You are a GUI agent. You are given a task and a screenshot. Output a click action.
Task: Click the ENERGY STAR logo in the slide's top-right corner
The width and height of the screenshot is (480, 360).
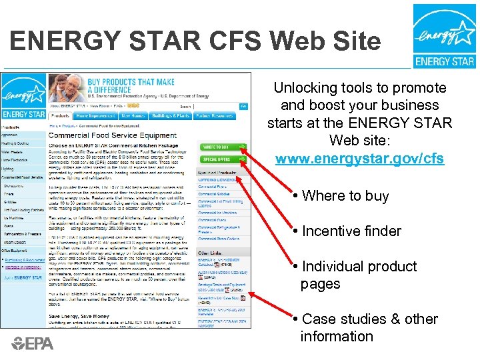(444, 35)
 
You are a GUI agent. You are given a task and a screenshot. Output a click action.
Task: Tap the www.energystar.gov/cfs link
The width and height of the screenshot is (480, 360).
(359, 160)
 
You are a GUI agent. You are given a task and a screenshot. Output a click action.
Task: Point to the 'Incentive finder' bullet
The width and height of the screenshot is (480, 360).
(351, 231)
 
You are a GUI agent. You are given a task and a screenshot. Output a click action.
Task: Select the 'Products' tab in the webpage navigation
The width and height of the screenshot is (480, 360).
(61, 116)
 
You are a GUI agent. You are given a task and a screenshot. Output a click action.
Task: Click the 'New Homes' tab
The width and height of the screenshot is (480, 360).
(131, 116)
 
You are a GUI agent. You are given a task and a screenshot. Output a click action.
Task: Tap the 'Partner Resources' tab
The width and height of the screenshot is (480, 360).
(213, 116)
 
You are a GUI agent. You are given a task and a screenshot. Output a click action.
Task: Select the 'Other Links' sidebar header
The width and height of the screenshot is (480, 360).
(209, 253)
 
